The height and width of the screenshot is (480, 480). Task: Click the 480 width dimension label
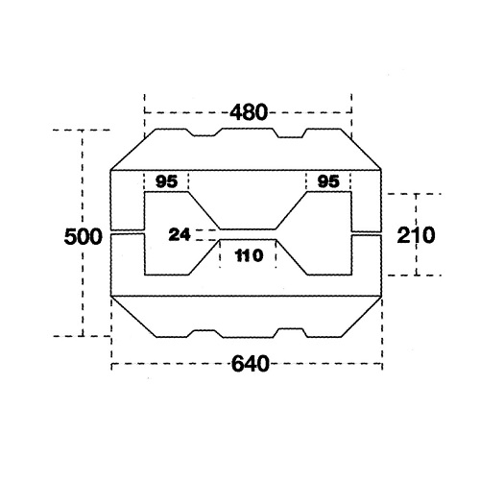pos(248,111)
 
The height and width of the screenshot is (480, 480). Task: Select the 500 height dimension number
pos(82,236)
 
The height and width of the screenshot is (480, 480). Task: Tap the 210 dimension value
pos(416,235)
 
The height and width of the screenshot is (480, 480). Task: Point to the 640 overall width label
pos(248,365)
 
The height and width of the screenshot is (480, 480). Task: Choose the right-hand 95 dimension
pos(329,181)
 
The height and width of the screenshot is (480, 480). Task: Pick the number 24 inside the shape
pos(180,233)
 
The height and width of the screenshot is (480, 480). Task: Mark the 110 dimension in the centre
pos(248,254)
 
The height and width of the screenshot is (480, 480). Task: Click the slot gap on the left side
pos(128,231)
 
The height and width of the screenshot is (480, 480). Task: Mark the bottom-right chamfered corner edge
pos(364,315)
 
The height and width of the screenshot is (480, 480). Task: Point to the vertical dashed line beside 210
pos(417,206)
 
